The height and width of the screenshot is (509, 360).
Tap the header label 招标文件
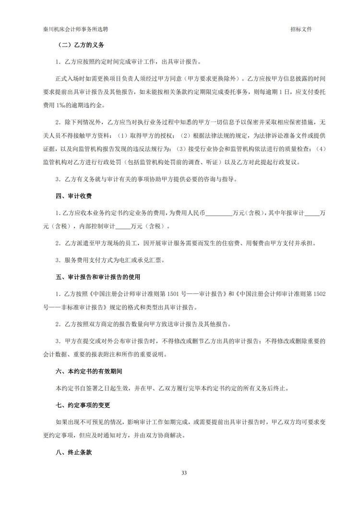coord(301,29)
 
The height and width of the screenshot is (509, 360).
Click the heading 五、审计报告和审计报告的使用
coord(97,277)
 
